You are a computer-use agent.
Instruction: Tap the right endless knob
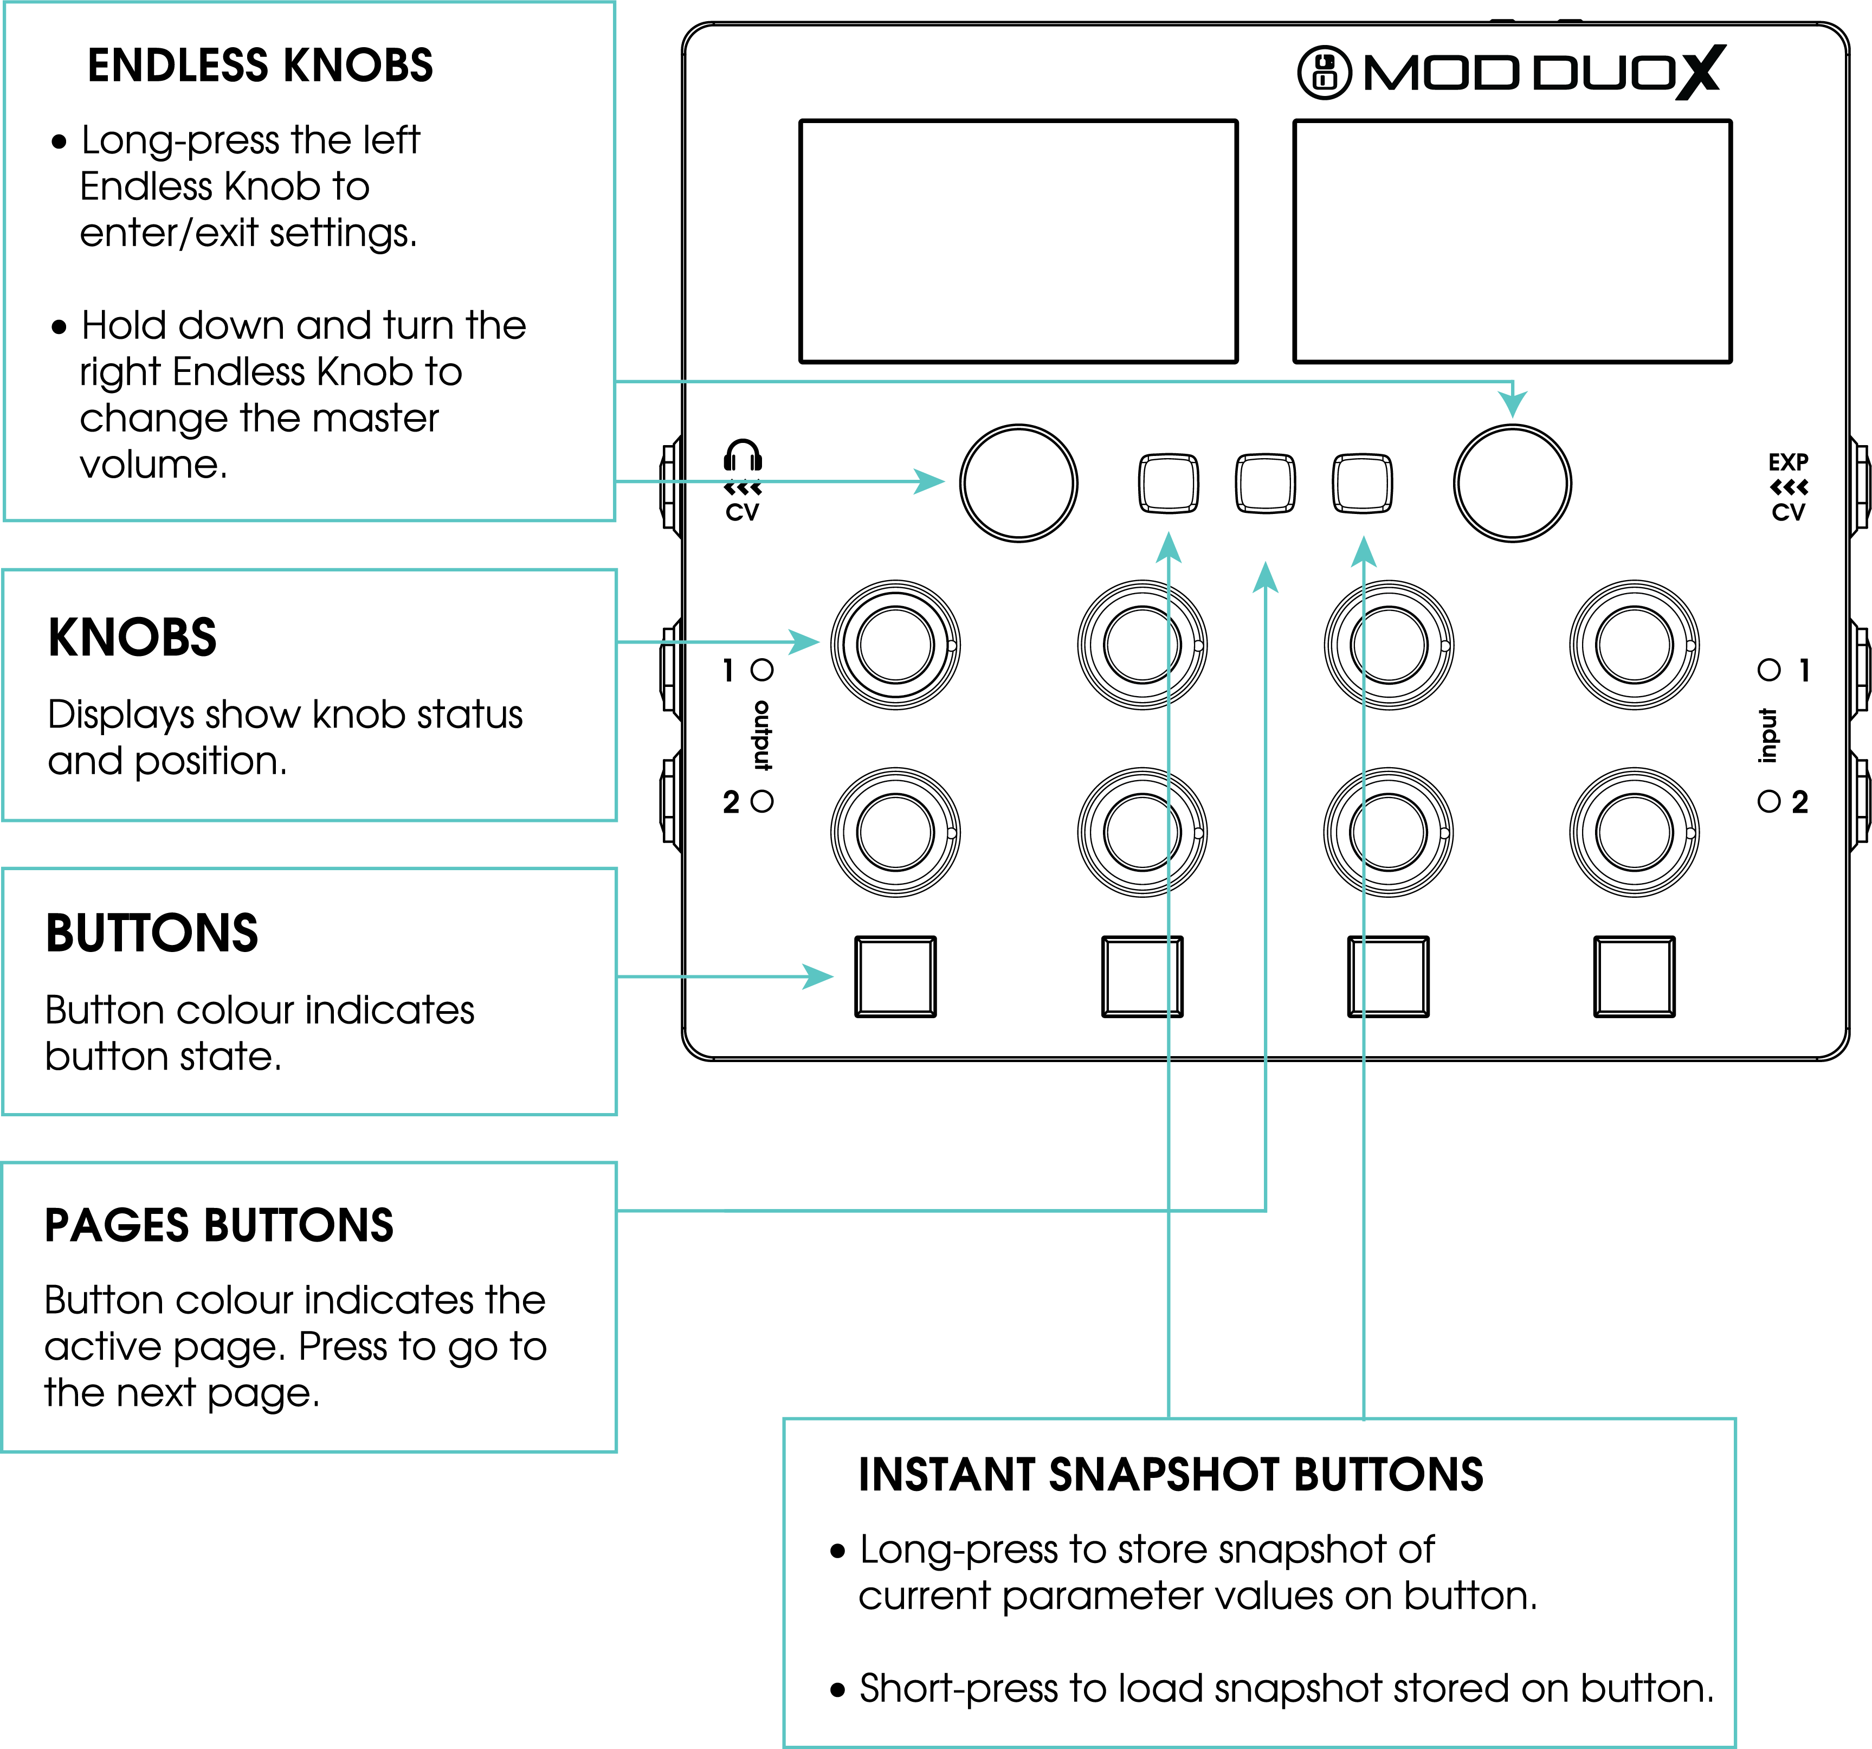tap(1512, 483)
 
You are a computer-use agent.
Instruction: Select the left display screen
tap(1018, 241)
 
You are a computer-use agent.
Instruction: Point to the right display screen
tap(1512, 241)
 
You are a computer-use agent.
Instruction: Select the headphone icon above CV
tap(742, 456)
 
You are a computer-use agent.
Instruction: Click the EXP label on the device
tap(1787, 461)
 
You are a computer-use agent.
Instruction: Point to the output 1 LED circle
tap(762, 670)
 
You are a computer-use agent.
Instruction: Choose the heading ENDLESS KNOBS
tap(260, 66)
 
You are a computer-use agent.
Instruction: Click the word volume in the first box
tap(152, 464)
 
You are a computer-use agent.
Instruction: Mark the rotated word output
tap(762, 736)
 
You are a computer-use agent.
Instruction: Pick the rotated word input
tap(1768, 736)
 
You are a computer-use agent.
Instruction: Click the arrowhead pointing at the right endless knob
tap(1512, 402)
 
